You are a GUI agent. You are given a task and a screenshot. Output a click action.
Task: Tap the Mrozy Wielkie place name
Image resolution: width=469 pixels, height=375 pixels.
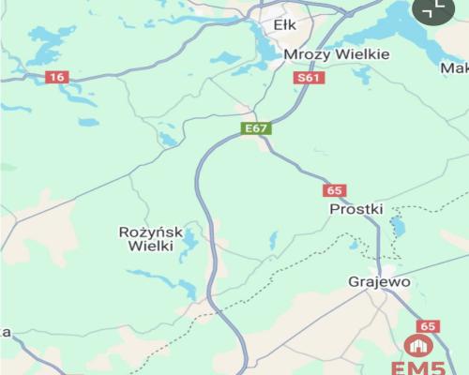336,54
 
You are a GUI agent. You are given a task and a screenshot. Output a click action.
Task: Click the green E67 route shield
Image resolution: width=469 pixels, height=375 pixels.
256,127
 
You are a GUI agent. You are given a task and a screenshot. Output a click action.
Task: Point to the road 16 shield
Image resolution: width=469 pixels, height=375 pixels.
57,77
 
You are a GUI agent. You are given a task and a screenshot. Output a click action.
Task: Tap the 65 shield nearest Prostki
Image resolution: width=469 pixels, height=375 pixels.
335,190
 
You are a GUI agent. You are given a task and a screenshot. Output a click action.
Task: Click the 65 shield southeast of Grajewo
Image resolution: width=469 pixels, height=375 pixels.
429,325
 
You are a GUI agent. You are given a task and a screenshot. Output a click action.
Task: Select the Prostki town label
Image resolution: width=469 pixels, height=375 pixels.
356,209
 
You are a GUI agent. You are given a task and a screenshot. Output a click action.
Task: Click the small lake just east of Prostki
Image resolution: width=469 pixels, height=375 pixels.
398,226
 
